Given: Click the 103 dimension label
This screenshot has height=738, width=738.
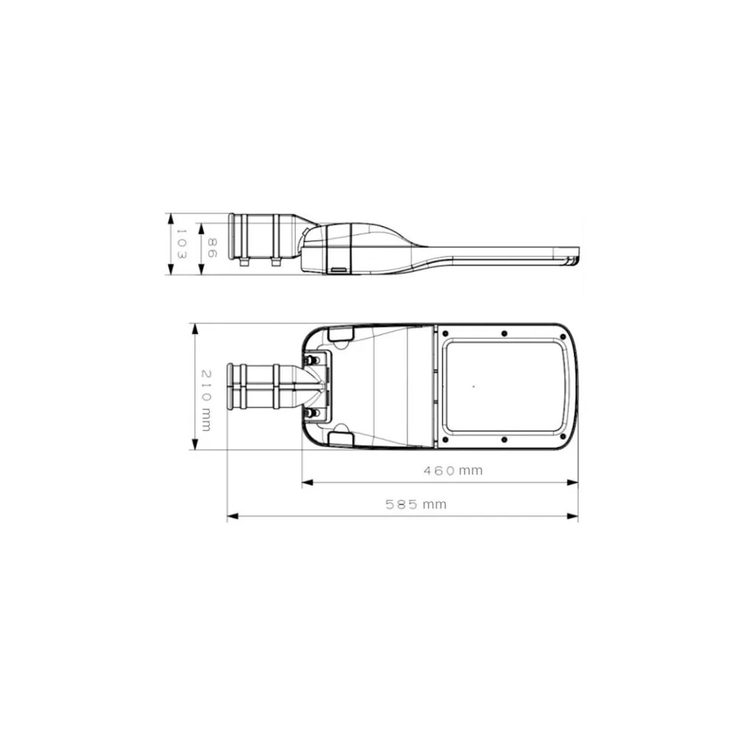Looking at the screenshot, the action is (x=182, y=244).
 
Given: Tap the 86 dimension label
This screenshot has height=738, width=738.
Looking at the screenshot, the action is (x=213, y=247).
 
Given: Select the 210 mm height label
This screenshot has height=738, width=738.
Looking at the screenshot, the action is (x=207, y=401).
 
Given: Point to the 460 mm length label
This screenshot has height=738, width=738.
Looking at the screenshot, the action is (x=453, y=470).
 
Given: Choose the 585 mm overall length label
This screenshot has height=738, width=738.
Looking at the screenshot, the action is (x=415, y=505).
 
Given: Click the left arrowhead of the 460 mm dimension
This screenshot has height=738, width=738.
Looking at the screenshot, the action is (x=307, y=483).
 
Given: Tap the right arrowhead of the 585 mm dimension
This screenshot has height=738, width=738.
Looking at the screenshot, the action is (x=573, y=517).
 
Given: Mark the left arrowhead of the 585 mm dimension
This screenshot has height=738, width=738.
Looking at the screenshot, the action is (x=233, y=517).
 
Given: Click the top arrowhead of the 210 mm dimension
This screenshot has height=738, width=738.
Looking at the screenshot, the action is (x=195, y=329).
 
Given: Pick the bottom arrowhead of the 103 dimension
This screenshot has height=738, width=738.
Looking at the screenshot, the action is (x=171, y=269).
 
